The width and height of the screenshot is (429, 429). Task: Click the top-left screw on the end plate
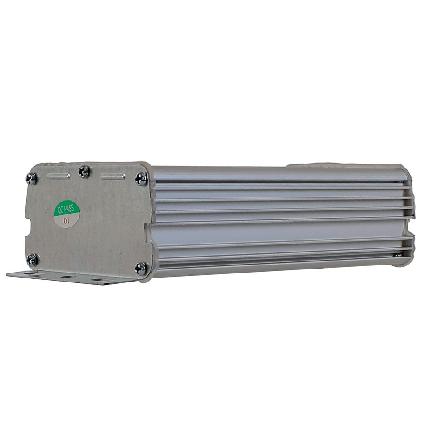tap(31, 178)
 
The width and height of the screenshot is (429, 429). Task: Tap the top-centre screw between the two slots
tap(84, 171)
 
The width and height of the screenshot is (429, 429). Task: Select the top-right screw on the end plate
tap(141, 178)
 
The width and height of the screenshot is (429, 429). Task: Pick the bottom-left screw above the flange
tap(32, 259)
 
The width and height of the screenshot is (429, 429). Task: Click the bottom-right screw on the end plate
tap(141, 268)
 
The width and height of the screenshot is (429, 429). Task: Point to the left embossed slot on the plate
tap(59, 176)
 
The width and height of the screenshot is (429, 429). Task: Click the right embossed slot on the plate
tap(113, 177)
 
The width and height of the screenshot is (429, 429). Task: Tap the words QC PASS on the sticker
tap(67, 209)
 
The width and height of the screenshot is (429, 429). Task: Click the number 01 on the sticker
tap(67, 220)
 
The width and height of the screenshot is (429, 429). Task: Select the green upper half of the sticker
tap(67, 207)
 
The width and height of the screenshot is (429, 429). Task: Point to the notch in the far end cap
tap(412, 226)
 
